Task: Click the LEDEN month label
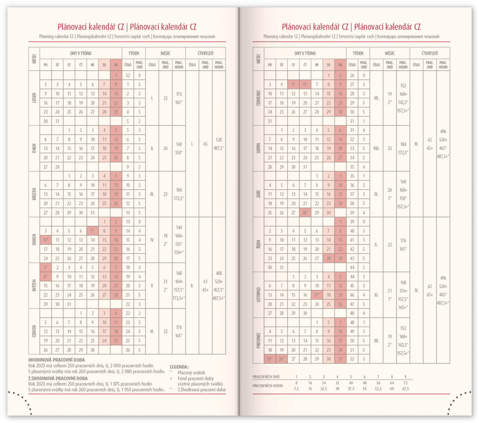pos(34,98)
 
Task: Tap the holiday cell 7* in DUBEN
pos(93,231)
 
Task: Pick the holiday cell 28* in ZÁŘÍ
pos(305,212)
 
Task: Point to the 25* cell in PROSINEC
pos(269,359)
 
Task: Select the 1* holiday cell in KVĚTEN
pos(45,267)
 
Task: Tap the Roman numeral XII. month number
pos(377,341)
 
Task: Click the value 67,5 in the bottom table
pos(406,388)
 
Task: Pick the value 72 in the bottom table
pos(406,382)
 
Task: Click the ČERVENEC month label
pos(259,98)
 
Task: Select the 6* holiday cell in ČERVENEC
pos(305,85)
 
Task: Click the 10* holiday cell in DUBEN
pos(45,240)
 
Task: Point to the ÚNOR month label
pos(34,148)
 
